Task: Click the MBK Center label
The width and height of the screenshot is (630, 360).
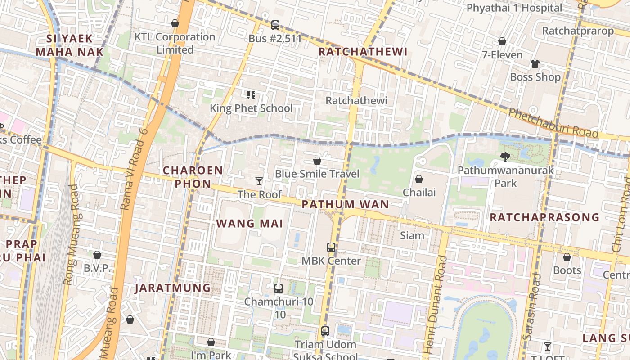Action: pyautogui.click(x=331, y=261)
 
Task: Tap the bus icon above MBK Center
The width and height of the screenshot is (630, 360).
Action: pyautogui.click(x=331, y=247)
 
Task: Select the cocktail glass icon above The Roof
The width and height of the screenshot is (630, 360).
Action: pyautogui.click(x=259, y=181)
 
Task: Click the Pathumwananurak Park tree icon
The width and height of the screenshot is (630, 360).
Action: pyautogui.click(x=505, y=157)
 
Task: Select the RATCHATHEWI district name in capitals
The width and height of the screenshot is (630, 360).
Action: pyautogui.click(x=363, y=52)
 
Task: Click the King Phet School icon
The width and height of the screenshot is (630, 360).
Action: pyautogui.click(x=251, y=94)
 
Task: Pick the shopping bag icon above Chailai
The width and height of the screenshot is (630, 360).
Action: pyautogui.click(x=419, y=179)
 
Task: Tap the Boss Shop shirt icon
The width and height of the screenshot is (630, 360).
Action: pyautogui.click(x=535, y=64)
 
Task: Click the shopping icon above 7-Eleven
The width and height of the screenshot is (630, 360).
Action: pyautogui.click(x=502, y=42)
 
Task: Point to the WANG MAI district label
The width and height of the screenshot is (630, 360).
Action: pyautogui.click(x=250, y=224)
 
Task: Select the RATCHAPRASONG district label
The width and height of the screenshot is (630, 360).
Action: pyautogui.click(x=544, y=217)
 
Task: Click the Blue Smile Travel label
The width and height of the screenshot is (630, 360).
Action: pyautogui.click(x=317, y=174)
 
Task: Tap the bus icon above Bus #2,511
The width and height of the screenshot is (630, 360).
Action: pyautogui.click(x=275, y=25)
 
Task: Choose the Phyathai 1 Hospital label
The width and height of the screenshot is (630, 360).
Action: pyautogui.click(x=514, y=8)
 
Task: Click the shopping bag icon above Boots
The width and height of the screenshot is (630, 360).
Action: pyautogui.click(x=567, y=257)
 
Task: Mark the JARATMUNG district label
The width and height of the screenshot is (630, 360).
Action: pyautogui.click(x=173, y=288)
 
